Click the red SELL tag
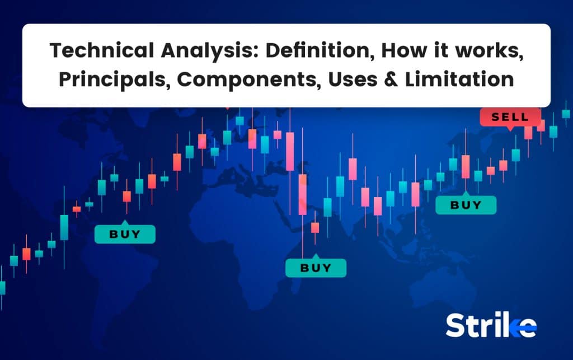(x=510, y=117)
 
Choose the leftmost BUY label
(x=125, y=234)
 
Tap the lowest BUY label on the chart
(x=316, y=268)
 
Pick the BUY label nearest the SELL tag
(x=466, y=205)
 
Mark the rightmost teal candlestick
(x=566, y=114)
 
